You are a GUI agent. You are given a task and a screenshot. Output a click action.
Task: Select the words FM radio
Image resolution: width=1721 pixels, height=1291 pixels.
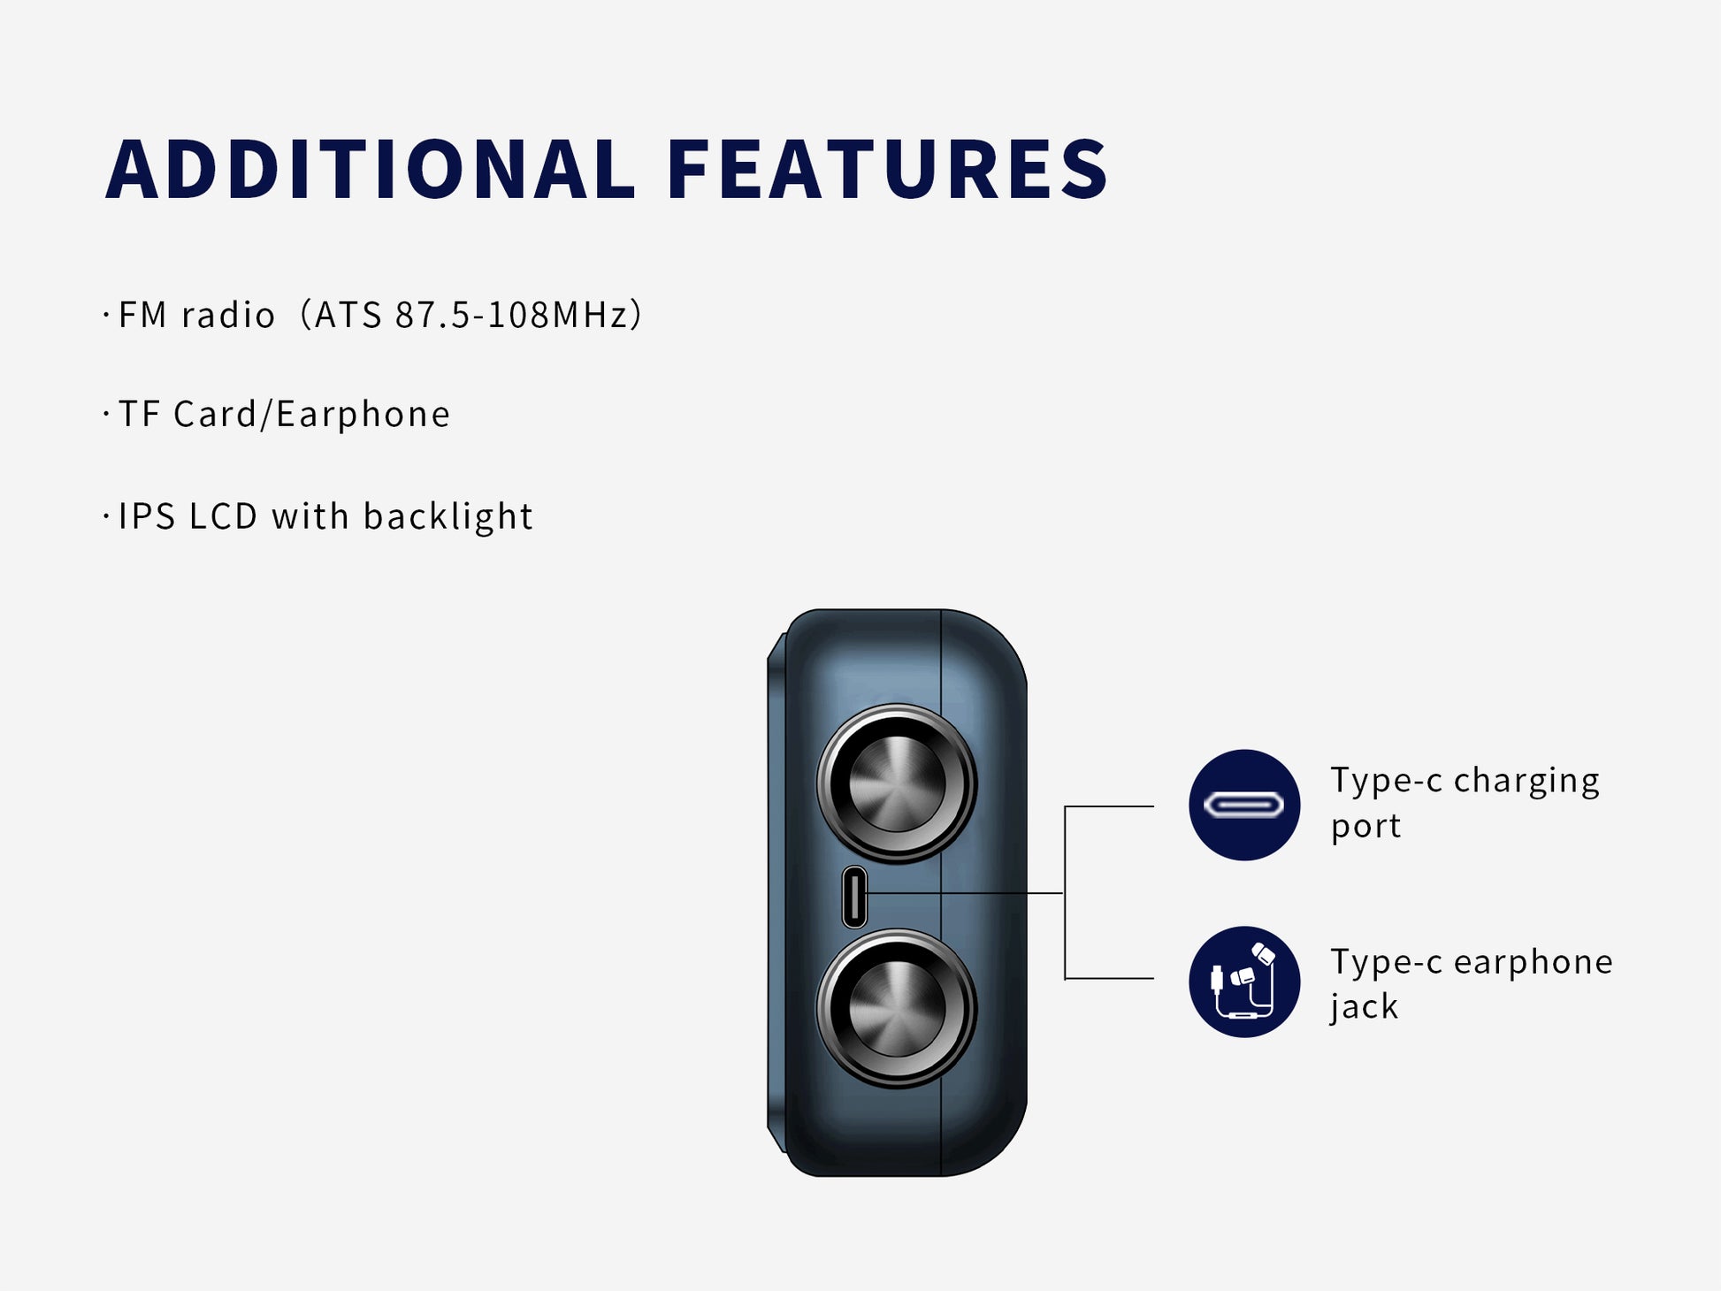click(x=196, y=316)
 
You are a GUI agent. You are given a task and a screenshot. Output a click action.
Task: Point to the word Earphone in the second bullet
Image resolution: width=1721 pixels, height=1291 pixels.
click(x=363, y=414)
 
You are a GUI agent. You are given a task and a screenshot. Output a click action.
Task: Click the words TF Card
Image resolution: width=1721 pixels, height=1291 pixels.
click(x=188, y=414)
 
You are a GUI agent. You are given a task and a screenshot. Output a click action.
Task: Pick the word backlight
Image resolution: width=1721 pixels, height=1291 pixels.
click(x=447, y=517)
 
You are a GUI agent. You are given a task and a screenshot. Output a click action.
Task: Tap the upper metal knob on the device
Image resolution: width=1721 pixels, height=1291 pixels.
click(x=897, y=783)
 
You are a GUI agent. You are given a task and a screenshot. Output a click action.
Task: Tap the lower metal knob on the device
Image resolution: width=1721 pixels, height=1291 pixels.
click(x=897, y=1008)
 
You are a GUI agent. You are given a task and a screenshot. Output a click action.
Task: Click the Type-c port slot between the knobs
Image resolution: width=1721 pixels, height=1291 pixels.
click(x=854, y=897)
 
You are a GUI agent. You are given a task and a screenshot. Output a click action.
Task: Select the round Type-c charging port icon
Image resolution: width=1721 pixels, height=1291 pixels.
click(x=1244, y=805)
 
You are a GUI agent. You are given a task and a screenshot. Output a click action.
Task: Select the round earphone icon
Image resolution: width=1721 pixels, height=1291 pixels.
click(x=1244, y=982)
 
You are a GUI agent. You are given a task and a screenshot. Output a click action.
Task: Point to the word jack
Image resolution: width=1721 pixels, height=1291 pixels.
click(x=1365, y=1008)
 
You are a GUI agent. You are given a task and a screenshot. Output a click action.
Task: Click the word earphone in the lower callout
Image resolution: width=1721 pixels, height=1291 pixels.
click(x=1534, y=962)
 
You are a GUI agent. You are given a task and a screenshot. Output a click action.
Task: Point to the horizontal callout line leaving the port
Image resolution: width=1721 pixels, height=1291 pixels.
click(x=965, y=893)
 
